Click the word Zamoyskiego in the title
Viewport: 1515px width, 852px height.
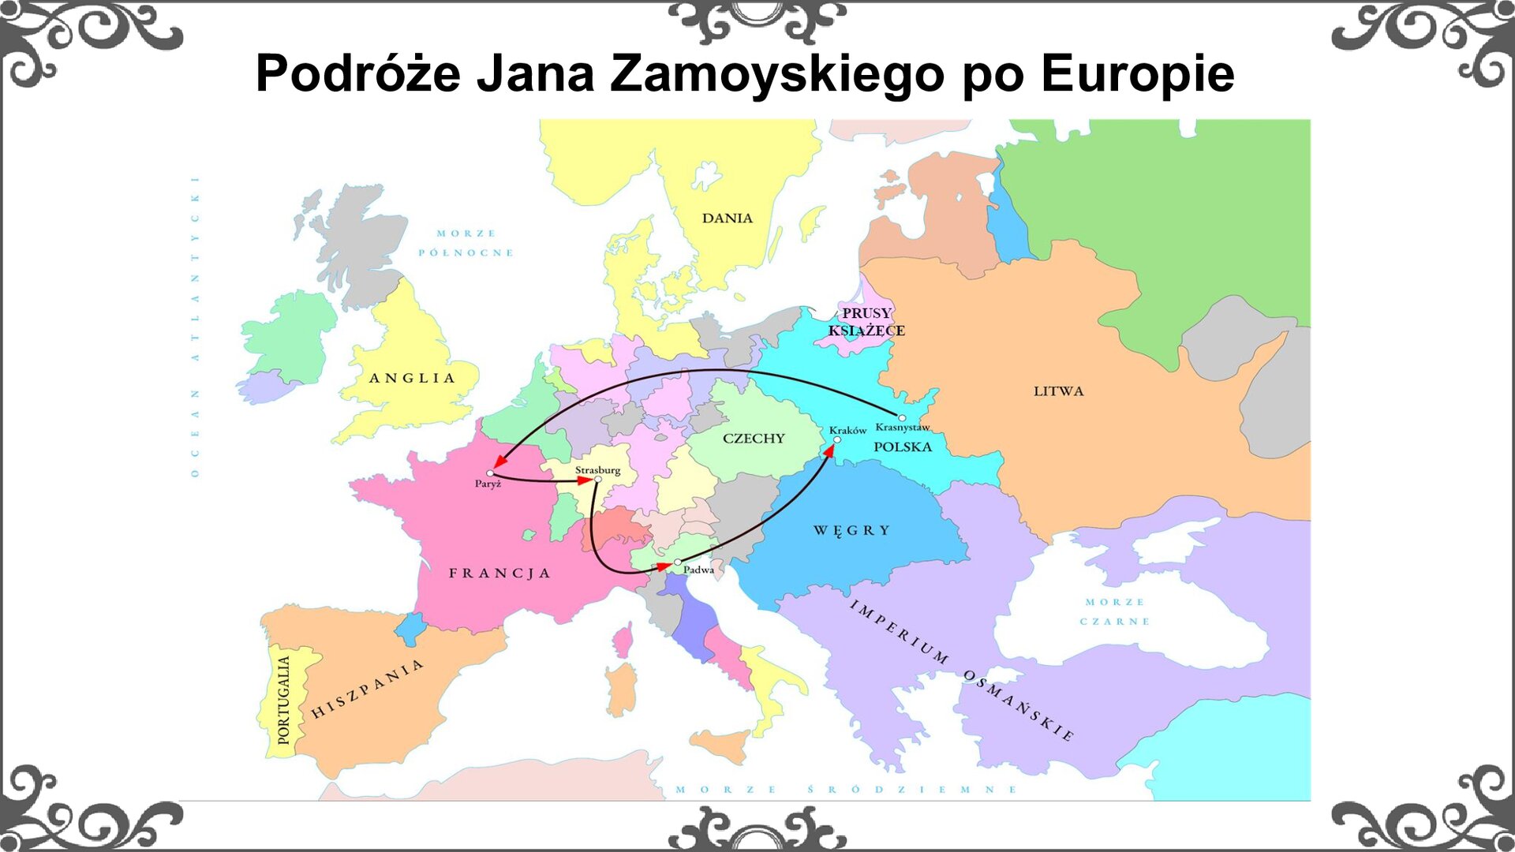[776, 73]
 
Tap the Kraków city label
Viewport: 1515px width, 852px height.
[847, 430]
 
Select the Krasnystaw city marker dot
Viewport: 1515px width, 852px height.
[902, 418]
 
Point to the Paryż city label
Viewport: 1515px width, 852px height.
[488, 484]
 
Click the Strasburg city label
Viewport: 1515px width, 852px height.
[597, 470]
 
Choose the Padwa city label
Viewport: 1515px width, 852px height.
[698, 570]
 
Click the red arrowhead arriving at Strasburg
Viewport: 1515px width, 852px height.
[585, 480]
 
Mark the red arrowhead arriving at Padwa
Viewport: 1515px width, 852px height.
[664, 566]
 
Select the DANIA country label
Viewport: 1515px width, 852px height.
[727, 219]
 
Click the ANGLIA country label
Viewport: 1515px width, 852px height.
[412, 378]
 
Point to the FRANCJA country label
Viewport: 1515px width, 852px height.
[499, 573]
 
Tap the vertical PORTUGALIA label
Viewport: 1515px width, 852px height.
[283, 700]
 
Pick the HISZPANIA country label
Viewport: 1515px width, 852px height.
[368, 689]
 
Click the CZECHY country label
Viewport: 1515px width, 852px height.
[754, 439]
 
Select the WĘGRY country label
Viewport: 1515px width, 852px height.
[851, 530]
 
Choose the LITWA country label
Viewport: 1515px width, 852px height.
[1058, 391]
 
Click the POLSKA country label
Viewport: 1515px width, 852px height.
[903, 447]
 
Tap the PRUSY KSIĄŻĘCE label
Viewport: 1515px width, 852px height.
[866, 322]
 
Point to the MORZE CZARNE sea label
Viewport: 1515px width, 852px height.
[1114, 611]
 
